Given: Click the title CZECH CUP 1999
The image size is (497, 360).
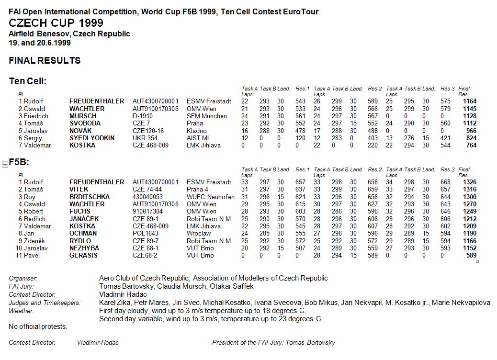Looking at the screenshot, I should [56, 23].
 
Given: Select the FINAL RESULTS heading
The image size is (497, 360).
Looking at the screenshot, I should [45, 61].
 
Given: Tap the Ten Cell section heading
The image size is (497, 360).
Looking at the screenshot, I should [28, 81].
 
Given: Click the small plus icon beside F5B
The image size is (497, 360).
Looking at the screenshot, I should [5, 164].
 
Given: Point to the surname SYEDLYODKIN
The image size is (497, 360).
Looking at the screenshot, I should [92, 138].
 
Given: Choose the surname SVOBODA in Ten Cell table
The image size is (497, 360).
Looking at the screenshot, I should [86, 124].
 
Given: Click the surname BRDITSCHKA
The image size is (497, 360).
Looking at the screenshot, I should [90, 197].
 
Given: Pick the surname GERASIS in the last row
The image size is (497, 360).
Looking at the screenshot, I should [83, 256].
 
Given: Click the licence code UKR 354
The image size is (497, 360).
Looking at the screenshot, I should [145, 138].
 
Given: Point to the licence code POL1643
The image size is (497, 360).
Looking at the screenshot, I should [145, 234].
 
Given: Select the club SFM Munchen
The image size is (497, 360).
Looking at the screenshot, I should [207, 116].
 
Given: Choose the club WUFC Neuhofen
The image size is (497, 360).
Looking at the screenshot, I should [211, 197].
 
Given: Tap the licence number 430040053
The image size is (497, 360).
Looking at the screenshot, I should [147, 197].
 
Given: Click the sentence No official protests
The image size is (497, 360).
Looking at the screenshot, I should [38, 326].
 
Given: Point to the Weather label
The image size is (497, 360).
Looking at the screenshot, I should [22, 311].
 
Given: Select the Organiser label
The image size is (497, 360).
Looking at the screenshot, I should [23, 278].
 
